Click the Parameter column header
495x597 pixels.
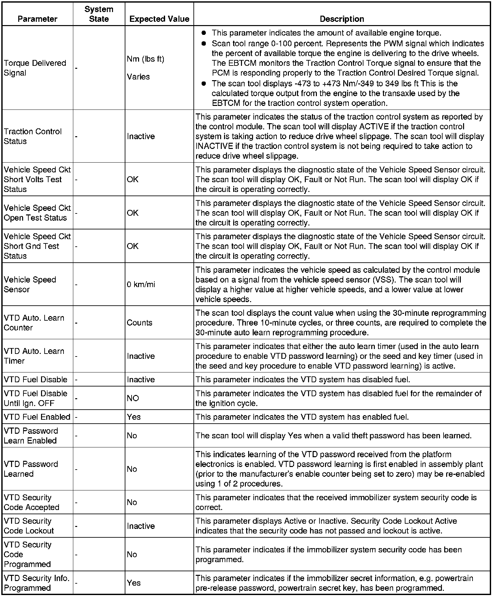37,19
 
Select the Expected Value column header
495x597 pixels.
159,19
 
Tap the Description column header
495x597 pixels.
342,19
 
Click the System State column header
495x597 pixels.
99,14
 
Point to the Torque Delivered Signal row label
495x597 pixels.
35,68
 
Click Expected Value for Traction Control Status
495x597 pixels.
141,136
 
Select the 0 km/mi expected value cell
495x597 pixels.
141,284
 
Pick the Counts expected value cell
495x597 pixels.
139,323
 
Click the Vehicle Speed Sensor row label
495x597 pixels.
30,284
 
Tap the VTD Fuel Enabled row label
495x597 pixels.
37,417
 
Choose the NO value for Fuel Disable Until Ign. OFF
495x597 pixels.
133,398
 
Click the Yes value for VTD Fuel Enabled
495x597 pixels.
134,417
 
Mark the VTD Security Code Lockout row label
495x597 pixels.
29,526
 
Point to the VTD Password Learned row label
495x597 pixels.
31,469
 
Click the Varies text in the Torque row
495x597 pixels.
138,77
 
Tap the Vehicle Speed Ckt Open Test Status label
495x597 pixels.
37,213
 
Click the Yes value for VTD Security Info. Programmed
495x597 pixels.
134,583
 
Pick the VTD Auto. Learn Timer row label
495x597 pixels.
34,356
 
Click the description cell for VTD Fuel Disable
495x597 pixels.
303,380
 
